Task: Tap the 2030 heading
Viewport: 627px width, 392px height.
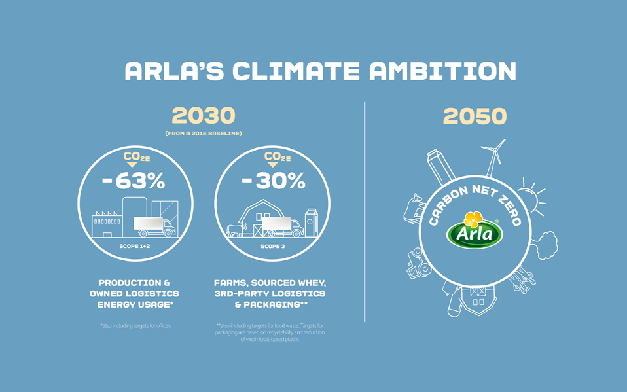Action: [204, 116]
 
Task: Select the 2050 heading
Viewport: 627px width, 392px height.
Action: [475, 116]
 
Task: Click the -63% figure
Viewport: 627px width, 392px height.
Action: [134, 181]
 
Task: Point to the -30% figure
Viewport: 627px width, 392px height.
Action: [273, 181]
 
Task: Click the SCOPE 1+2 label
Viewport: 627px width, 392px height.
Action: [135, 247]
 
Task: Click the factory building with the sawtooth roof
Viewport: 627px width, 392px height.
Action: [106, 220]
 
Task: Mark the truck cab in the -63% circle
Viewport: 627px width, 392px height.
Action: [167, 226]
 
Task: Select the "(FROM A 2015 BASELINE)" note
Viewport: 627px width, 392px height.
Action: [204, 134]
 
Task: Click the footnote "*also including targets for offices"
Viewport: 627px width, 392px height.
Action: [135, 325]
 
